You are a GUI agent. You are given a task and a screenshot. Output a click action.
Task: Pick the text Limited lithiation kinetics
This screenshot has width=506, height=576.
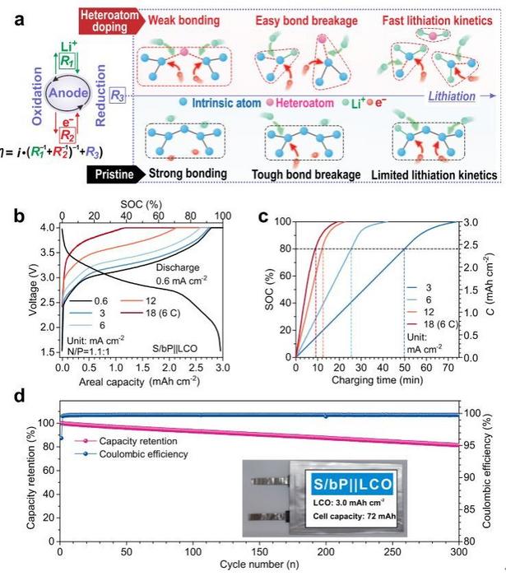click(434, 174)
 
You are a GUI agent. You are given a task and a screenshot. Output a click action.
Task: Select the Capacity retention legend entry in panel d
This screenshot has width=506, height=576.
click(142, 441)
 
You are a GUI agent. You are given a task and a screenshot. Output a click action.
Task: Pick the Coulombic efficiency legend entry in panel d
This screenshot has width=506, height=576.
click(145, 453)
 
